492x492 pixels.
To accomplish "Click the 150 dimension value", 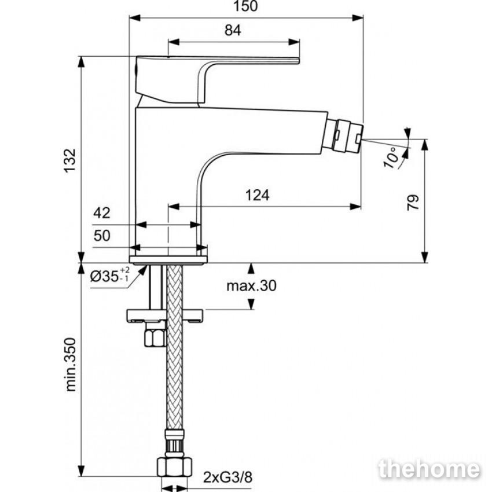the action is (245, 6).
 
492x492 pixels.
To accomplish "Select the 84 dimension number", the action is (233, 31).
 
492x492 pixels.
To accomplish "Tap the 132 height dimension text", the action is (69, 160).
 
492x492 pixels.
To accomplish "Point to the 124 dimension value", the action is (257, 195).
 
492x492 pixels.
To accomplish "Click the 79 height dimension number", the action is (413, 203).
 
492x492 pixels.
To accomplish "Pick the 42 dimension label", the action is (102, 213).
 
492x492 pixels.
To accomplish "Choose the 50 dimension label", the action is (102, 236).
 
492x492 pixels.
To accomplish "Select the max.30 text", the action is (252, 286).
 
